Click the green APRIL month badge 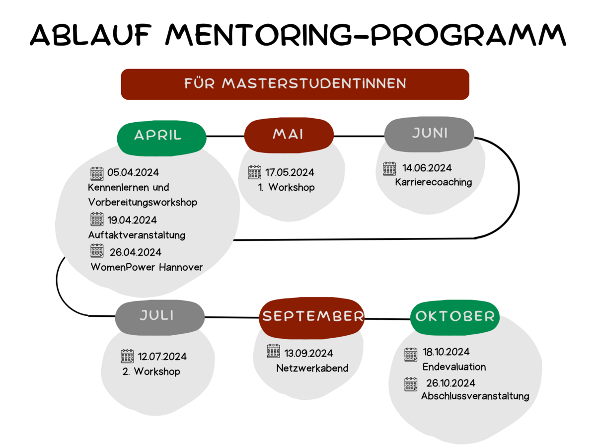[x=161, y=138]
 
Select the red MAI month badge [x=289, y=135]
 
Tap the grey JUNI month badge [x=429, y=134]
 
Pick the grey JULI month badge [x=160, y=317]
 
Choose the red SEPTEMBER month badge [x=312, y=318]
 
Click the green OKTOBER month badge [x=455, y=317]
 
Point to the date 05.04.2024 [x=133, y=173]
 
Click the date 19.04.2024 [x=132, y=220]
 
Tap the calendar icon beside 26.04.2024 [x=97, y=250]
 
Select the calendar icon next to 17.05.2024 [x=255, y=172]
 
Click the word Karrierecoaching [x=434, y=182]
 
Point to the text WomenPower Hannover [x=147, y=267]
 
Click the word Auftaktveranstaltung [x=137, y=235]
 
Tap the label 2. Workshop [x=151, y=372]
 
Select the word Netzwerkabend [x=312, y=369]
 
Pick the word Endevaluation [x=454, y=367]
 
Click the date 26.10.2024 [x=451, y=383]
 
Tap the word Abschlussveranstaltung [x=475, y=396]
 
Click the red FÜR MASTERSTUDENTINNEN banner [x=295, y=84]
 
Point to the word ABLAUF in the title [x=90, y=35]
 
